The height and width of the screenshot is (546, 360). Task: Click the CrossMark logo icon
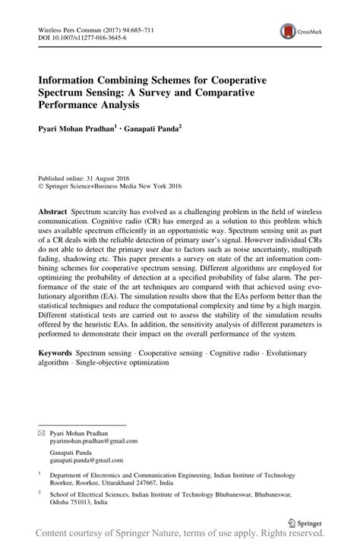pyautogui.click(x=288, y=31)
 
